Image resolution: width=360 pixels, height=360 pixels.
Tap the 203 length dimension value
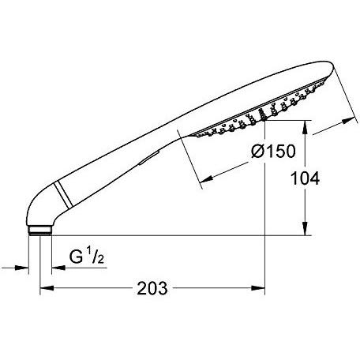152,288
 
